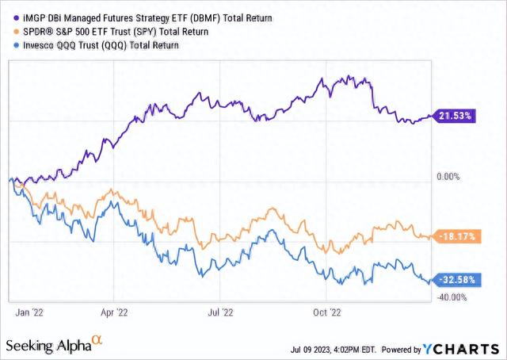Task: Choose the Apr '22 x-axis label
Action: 115,312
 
